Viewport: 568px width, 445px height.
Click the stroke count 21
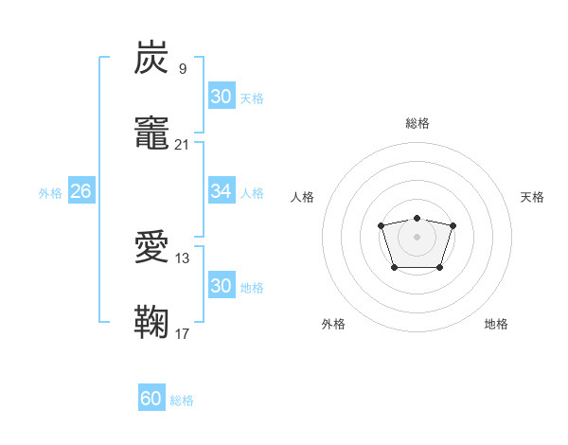click(183, 145)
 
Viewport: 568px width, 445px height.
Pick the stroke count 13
click(183, 258)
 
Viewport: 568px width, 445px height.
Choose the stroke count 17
click(183, 333)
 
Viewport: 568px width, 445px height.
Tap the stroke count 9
click(183, 69)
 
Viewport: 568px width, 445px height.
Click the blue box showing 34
click(221, 192)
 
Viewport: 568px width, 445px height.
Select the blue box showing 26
click(80, 192)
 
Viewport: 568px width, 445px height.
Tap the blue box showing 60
click(151, 400)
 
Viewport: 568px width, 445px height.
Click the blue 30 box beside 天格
click(221, 97)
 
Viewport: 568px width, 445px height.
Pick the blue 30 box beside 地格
click(221, 286)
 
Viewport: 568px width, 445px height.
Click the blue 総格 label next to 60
click(182, 400)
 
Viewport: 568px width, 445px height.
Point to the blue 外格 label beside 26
click(50, 193)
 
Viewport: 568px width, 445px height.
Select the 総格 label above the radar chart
click(417, 123)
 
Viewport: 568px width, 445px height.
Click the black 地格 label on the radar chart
click(496, 324)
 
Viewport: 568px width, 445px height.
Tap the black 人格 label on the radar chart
click(302, 197)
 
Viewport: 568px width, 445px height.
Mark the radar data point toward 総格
click(417, 218)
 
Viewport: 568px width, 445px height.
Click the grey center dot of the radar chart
click(417, 237)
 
